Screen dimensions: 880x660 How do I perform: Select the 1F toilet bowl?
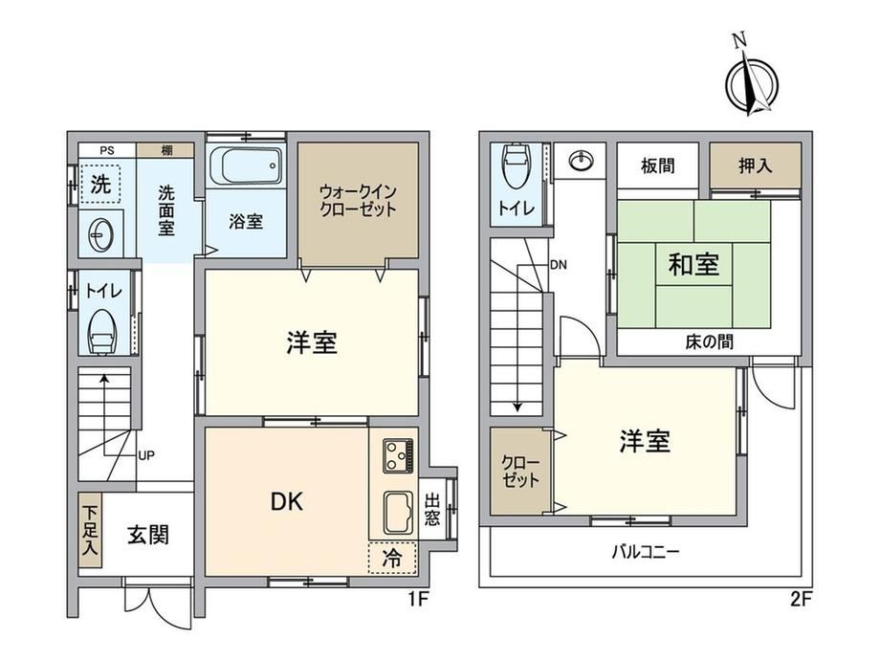pos(101,332)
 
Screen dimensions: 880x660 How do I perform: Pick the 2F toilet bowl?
pos(516,166)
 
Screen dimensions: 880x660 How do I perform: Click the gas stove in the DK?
pos(399,455)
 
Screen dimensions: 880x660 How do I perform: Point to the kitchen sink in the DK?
pos(399,513)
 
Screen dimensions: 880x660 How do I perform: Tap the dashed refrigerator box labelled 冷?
pos(392,558)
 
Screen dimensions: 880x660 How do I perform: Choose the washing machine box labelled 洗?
pos(99,184)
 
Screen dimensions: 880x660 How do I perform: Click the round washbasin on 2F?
pos(580,162)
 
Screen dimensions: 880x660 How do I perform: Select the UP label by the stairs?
pos(146,455)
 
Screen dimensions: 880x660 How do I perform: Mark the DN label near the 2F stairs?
pos(559,264)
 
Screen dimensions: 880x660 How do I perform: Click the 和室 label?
pos(693,264)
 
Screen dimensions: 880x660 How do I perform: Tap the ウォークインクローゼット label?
pos(358,200)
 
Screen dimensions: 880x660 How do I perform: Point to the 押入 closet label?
pos(755,165)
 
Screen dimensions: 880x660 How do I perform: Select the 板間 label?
pos(658,165)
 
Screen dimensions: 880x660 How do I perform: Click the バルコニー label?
pos(646,552)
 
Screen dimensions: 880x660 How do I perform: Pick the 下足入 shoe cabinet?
pos(90,530)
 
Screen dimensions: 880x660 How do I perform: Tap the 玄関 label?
pos(147,535)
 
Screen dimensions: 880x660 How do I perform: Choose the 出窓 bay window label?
pos(432,509)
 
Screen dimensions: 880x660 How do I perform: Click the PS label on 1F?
pos(106,150)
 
